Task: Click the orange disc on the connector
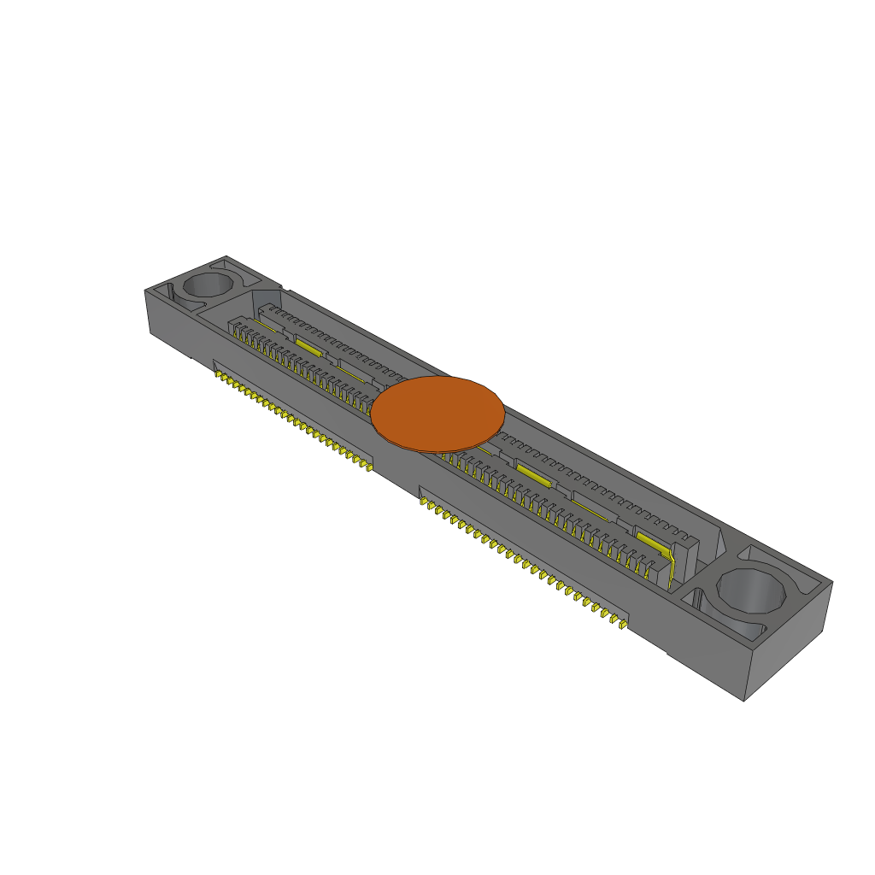click(x=437, y=414)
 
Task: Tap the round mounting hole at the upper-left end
click(x=208, y=285)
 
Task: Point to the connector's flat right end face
click(x=786, y=641)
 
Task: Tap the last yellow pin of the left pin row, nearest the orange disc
click(x=368, y=466)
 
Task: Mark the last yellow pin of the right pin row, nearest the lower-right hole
click(x=624, y=626)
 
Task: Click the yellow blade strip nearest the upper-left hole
click(x=308, y=346)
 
